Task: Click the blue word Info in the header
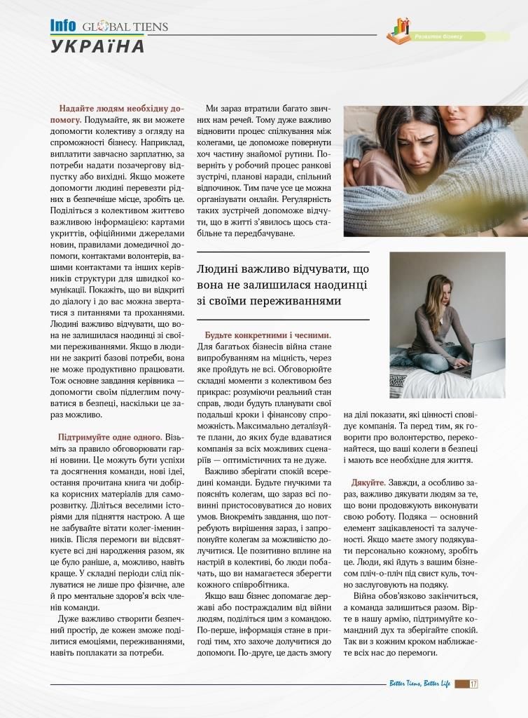pos(62,26)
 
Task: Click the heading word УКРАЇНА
pos(97,46)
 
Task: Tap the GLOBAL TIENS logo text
pos(125,27)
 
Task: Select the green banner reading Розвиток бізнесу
pos(448,36)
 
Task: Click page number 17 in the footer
pos(473,684)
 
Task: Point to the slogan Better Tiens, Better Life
pos(419,684)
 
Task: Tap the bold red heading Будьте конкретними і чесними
pos(268,335)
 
